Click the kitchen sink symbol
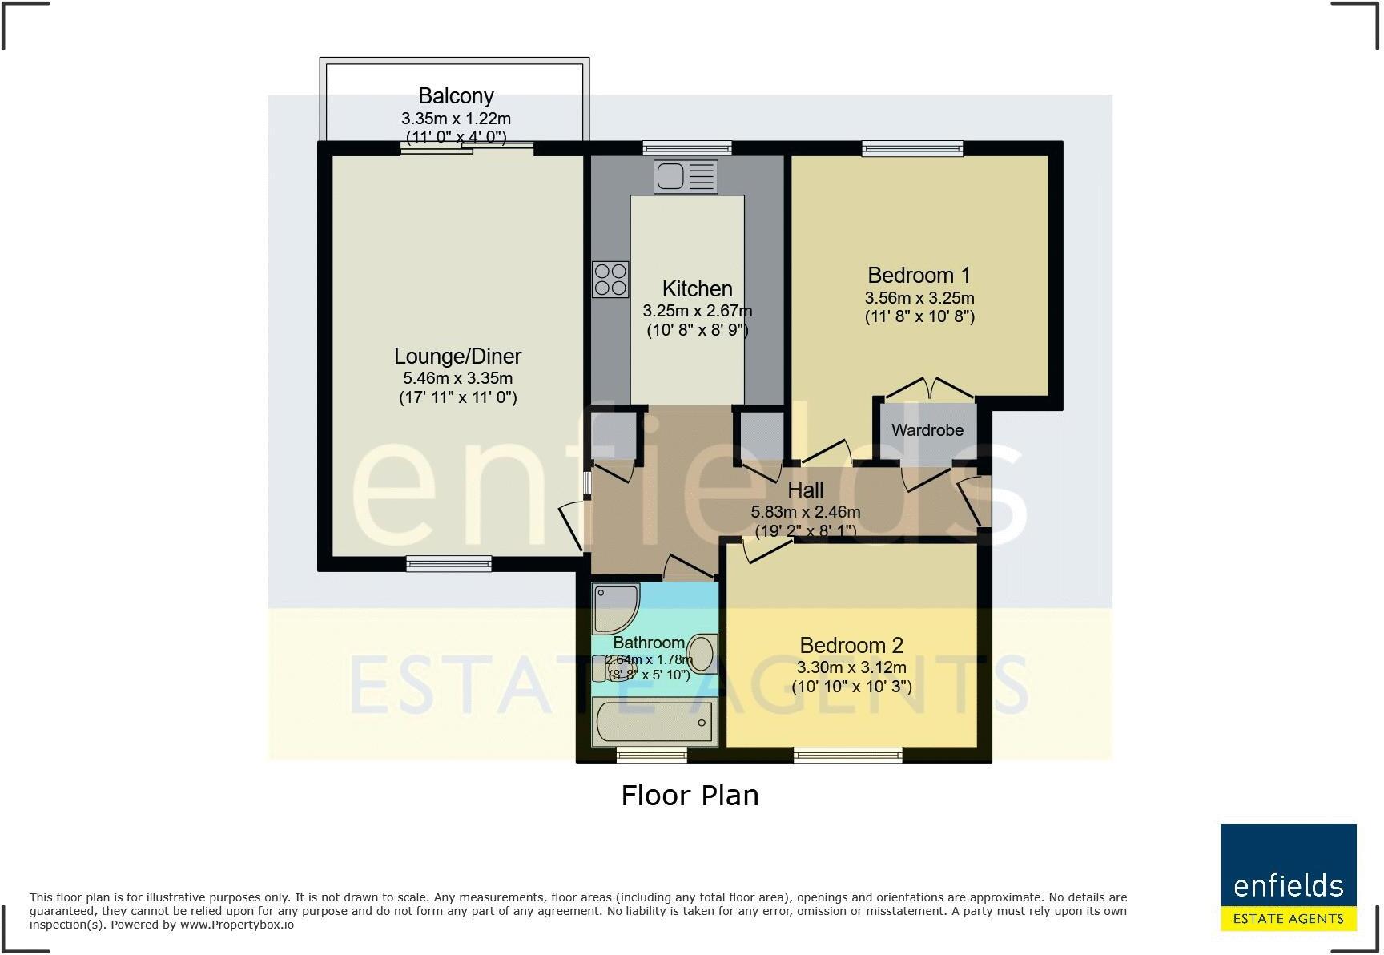686,176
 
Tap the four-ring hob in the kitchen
610,280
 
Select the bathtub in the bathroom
654,722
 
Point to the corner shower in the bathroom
615,608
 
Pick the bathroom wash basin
702,654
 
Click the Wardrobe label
927,430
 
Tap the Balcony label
456,96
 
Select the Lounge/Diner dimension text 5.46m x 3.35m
457,378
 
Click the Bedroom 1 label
919,276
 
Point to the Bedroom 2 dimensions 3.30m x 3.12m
851,667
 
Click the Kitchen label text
697,288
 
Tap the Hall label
805,490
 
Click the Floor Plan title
690,796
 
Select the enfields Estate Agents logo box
1288,877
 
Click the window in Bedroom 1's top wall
912,148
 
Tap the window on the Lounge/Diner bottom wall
449,564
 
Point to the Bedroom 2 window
847,755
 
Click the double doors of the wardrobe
929,390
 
